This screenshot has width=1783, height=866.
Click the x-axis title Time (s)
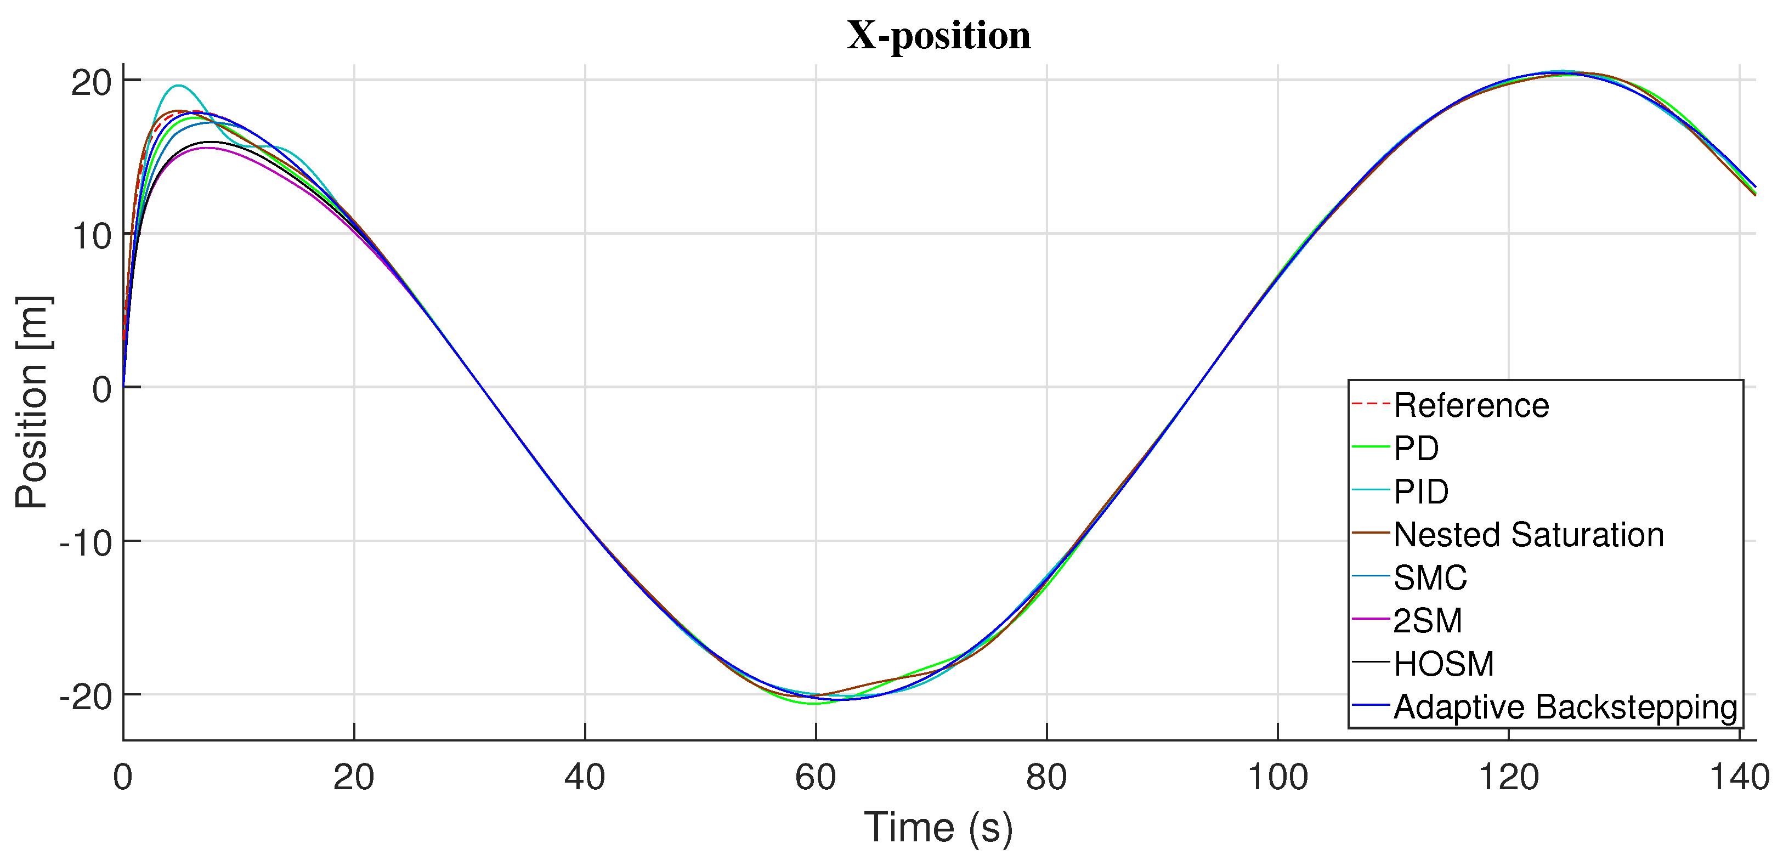938,827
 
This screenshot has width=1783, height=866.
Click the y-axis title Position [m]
32,402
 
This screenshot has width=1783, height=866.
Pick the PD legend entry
1416,449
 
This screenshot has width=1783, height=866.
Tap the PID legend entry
1421,491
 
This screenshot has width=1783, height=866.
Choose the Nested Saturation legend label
1529,534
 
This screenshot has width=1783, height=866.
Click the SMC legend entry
1430,578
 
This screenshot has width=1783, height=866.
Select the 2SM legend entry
1427,620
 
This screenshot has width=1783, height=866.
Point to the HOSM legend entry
1443,664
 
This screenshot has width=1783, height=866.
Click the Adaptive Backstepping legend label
1565,707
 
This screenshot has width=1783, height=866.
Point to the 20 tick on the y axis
92,83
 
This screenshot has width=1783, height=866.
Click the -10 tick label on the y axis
86,544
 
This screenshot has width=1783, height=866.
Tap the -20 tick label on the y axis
86,697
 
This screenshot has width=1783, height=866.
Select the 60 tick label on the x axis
816,777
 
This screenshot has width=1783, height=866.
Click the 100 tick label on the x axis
1277,777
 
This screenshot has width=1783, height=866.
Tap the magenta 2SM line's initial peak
206,148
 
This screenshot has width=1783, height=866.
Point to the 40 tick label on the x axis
585,777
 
